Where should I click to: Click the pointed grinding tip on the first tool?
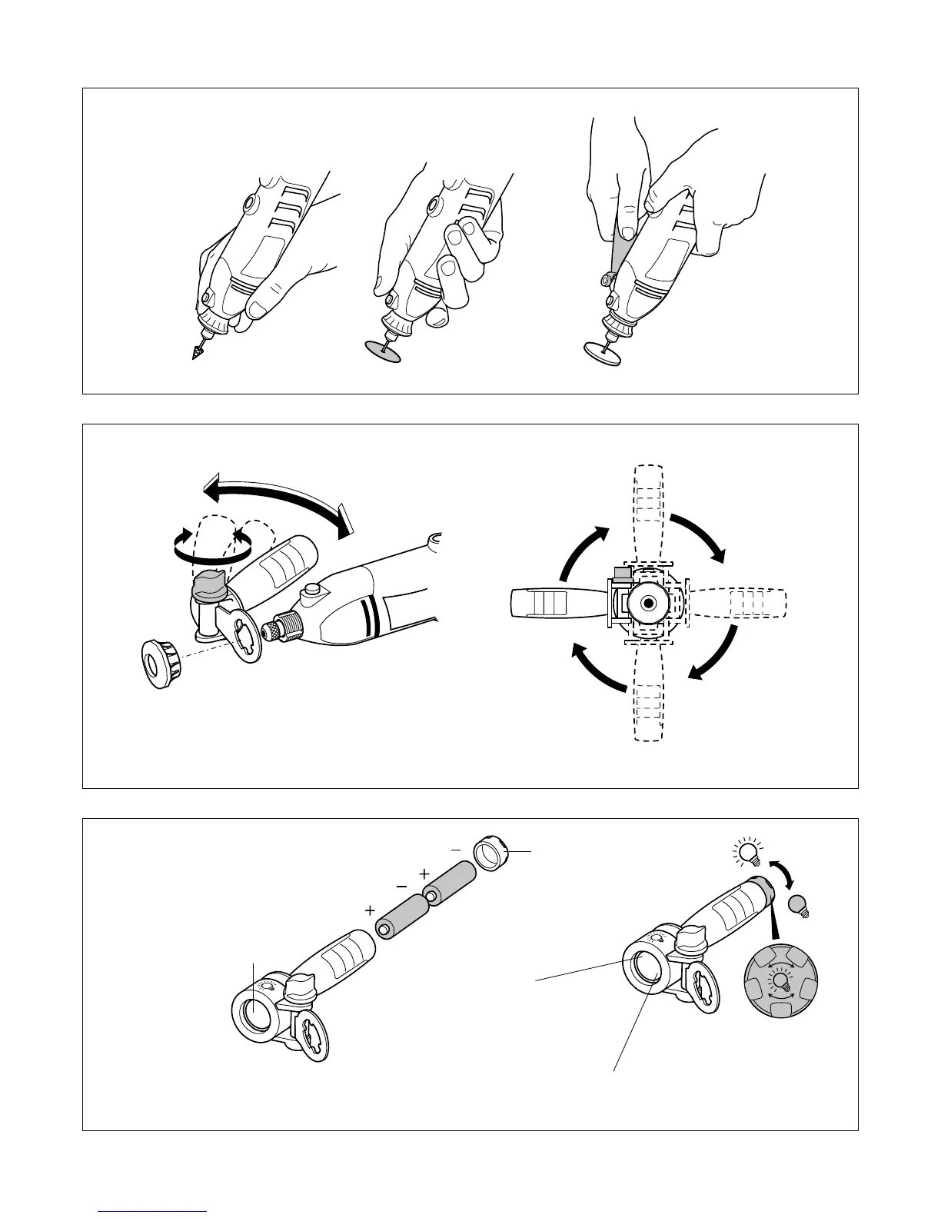[195, 351]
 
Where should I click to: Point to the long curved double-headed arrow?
[277, 500]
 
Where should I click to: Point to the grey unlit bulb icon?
[800, 905]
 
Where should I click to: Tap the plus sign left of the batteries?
[371, 910]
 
